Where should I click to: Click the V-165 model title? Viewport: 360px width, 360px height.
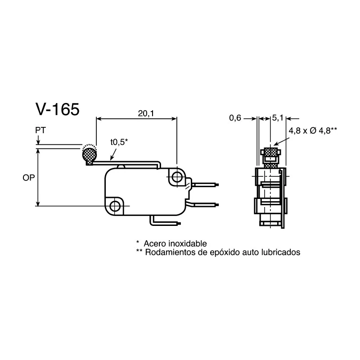pyautogui.click(x=58, y=109)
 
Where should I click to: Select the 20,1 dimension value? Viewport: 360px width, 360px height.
pyautogui.click(x=146, y=113)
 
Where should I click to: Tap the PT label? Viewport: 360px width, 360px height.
pyautogui.click(x=40, y=130)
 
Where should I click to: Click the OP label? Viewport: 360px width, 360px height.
pyautogui.click(x=29, y=177)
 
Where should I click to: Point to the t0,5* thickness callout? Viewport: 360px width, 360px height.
pyautogui.click(x=119, y=142)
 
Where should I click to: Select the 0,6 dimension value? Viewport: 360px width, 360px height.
pyautogui.click(x=235, y=118)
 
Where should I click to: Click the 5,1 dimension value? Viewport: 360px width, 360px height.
pyautogui.click(x=278, y=118)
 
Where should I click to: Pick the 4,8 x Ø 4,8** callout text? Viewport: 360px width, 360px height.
pyautogui.click(x=313, y=130)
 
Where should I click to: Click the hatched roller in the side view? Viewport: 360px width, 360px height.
pyautogui.click(x=271, y=152)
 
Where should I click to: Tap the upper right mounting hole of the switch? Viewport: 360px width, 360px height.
pyautogui.click(x=176, y=177)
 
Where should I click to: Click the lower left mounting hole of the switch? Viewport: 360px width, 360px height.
pyautogui.click(x=115, y=206)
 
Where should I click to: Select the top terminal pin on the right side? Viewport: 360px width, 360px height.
pyautogui.click(x=205, y=184)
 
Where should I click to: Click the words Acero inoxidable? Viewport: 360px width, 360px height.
pyautogui.click(x=175, y=243)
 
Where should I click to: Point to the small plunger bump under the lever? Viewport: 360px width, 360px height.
pyautogui.click(x=121, y=166)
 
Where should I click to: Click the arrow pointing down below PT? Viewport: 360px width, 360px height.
pyautogui.click(x=38, y=140)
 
